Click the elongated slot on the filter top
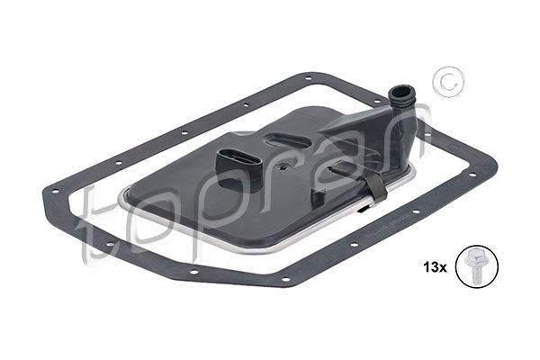287,142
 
